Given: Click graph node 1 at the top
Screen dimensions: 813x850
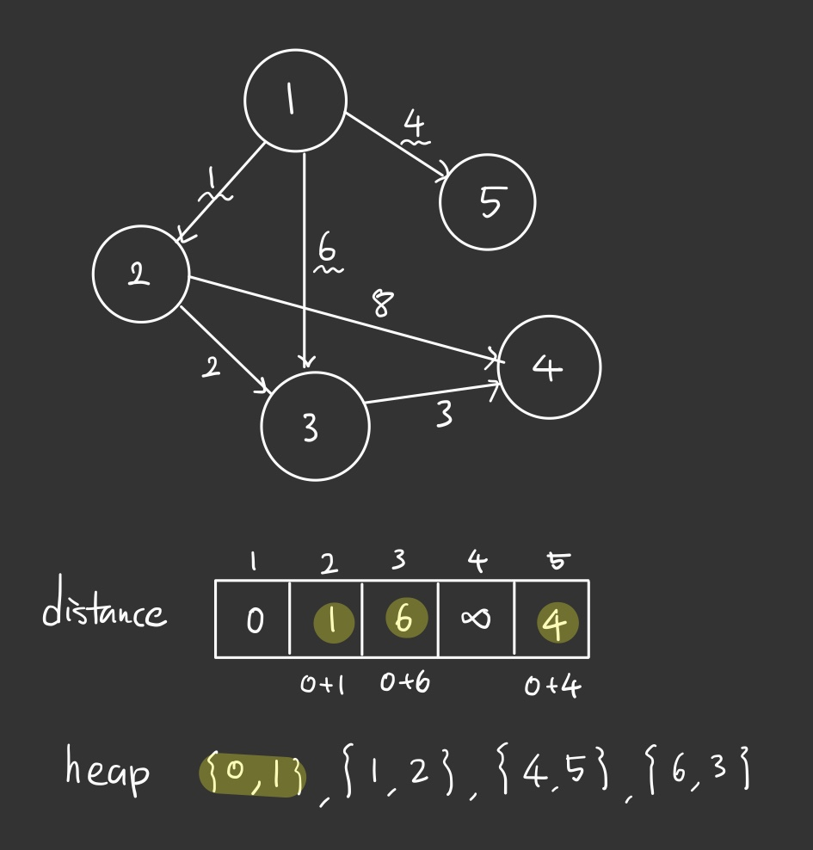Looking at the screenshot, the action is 295,101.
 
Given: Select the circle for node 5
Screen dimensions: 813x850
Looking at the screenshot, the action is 488,202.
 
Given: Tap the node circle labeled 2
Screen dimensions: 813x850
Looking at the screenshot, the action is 140,274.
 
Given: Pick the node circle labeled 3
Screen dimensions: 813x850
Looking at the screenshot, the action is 315,426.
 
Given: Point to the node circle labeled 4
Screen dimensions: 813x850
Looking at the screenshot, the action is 549,367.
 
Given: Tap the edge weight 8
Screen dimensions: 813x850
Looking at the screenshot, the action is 383,303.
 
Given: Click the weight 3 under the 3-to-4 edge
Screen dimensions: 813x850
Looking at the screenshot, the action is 443,415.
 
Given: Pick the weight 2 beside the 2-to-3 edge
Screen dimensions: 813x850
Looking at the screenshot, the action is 211,367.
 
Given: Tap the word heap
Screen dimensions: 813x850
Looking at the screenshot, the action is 107,768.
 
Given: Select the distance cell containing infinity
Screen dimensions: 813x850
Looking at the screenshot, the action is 476,619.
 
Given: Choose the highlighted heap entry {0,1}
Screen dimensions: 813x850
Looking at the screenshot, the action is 253,773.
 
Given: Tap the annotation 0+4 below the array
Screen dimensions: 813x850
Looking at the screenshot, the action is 551,686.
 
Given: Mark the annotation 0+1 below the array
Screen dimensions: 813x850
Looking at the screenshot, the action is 323,685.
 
